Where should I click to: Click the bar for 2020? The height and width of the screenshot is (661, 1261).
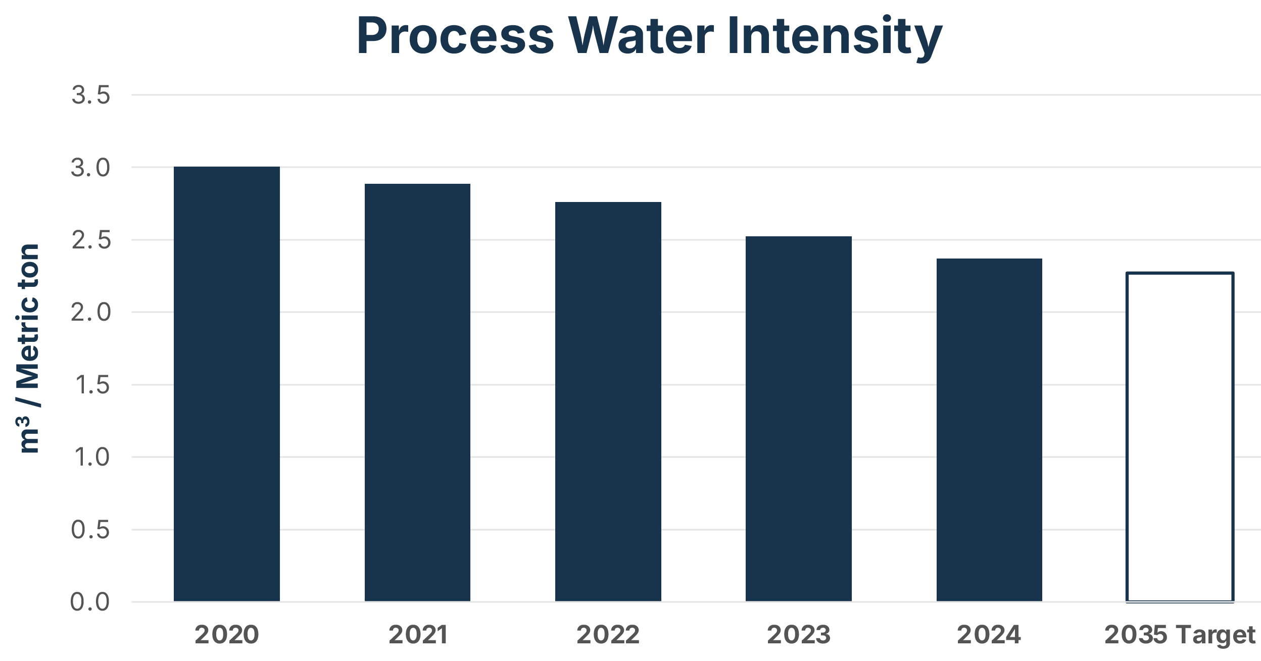226,384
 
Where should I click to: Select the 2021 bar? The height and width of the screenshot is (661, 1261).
417,392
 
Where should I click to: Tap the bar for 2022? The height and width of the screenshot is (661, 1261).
608,401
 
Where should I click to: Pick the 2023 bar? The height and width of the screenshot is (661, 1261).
798,419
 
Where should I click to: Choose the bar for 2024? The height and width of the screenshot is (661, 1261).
989,430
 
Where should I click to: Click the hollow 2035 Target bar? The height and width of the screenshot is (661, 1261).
1180,437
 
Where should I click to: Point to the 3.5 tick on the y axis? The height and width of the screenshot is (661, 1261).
90,95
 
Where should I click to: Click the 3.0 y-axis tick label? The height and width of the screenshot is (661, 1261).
90,168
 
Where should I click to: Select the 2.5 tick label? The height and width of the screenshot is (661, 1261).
90,240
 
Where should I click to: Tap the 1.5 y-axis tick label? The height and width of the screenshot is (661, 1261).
91,385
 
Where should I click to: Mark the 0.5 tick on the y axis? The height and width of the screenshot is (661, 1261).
90,530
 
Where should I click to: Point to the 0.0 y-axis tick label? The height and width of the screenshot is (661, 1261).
90,602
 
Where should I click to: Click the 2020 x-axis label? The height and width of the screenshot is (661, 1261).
226,635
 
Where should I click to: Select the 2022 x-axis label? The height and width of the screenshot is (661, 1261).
608,635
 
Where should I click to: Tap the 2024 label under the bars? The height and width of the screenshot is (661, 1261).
989,635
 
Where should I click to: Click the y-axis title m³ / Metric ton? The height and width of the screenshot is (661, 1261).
29,348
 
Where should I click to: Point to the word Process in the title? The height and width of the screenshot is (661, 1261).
455,36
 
